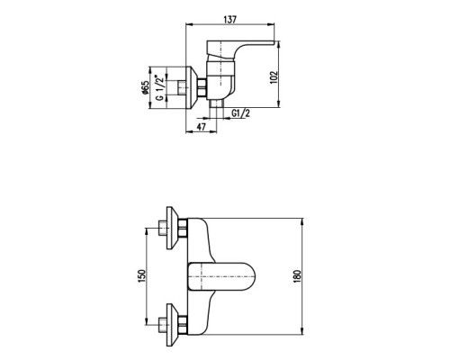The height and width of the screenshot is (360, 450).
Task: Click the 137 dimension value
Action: [230, 19]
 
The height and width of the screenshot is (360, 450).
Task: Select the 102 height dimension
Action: [274, 77]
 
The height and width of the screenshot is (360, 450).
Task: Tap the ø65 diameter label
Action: [145, 87]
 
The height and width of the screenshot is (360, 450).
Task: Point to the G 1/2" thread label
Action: [160, 88]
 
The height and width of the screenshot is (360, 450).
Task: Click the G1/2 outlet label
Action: [240, 113]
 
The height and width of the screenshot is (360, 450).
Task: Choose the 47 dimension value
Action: [202, 127]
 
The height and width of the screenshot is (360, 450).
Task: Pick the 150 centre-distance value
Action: [141, 276]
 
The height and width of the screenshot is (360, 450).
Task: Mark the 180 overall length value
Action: [297, 276]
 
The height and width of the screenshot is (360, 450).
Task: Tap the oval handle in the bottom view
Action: [222, 276]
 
